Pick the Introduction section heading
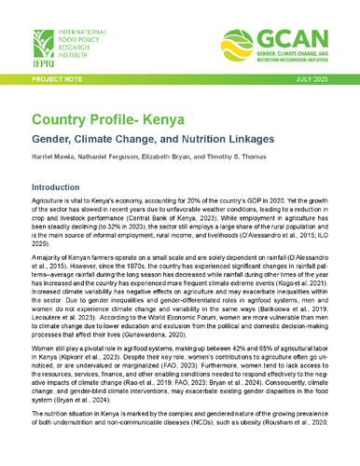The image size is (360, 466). pos(62,187)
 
